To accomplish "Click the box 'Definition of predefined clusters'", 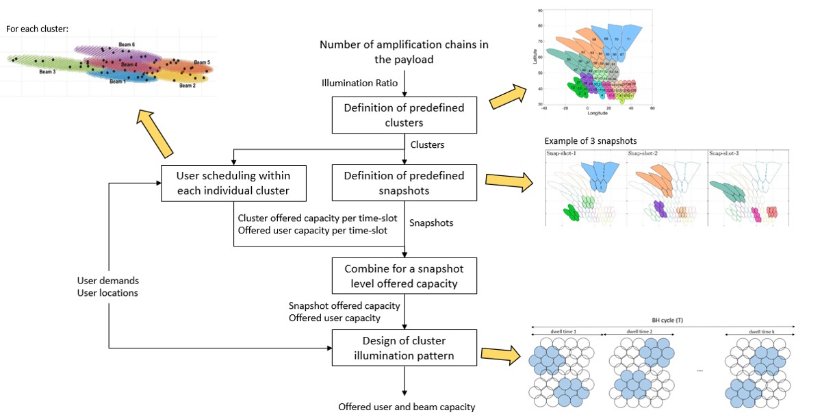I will (x=404, y=115).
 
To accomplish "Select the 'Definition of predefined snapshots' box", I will (x=404, y=183).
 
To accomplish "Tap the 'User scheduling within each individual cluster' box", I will (x=232, y=183).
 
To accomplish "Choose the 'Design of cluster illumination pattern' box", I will (x=404, y=348).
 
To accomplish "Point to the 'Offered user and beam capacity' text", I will (x=407, y=407).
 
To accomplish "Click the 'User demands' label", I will (x=109, y=280).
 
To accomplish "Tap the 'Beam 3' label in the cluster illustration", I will (x=47, y=71).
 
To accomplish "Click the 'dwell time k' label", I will (x=759, y=331).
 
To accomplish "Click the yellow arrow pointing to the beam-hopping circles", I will (x=498, y=354).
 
